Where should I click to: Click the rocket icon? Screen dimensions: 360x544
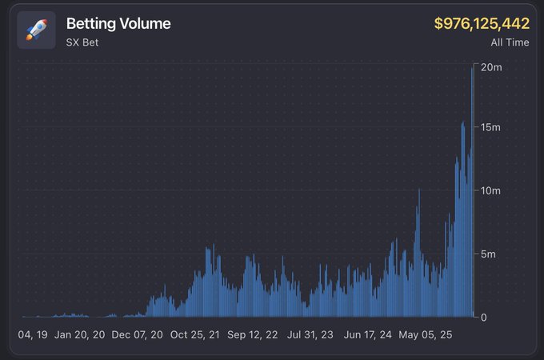click(x=36, y=30)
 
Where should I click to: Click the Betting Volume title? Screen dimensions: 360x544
click(x=118, y=24)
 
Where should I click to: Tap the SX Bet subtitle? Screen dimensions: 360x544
click(x=82, y=42)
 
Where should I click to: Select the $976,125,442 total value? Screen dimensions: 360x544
click(x=482, y=24)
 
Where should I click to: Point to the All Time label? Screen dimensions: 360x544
click(x=510, y=42)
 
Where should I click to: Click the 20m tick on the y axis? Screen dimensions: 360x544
click(x=490, y=68)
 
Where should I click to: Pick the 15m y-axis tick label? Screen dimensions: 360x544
click(x=490, y=128)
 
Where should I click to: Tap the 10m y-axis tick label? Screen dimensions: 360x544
click(x=490, y=191)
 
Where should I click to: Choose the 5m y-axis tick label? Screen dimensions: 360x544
click(x=488, y=254)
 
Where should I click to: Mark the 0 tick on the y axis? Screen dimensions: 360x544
click(x=483, y=318)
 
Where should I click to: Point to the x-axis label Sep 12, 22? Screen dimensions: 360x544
click(x=252, y=335)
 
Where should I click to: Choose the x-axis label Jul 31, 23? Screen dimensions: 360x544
click(x=310, y=335)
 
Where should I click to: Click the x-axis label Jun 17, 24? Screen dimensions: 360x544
click(x=368, y=335)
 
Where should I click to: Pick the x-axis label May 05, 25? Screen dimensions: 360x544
click(x=426, y=335)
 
